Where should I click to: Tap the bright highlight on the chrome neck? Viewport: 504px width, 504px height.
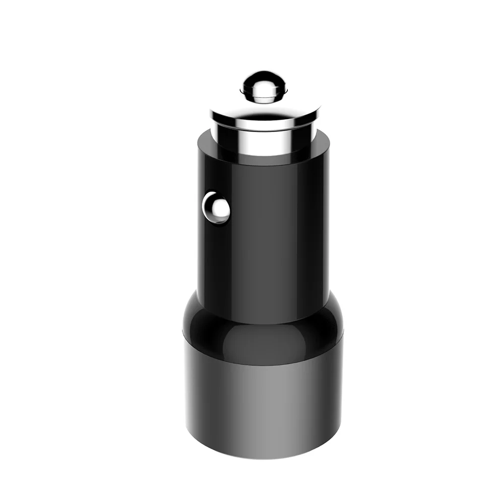click(252, 139)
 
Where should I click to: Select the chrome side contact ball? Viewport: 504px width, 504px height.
click(215, 207)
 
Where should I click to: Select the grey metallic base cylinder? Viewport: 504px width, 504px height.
click(262, 403)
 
